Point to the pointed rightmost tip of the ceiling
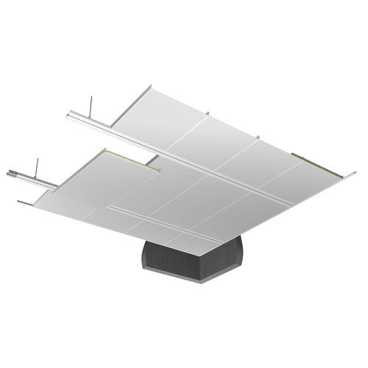(354, 174)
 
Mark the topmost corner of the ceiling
(152, 86)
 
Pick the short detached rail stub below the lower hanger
(25, 202)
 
